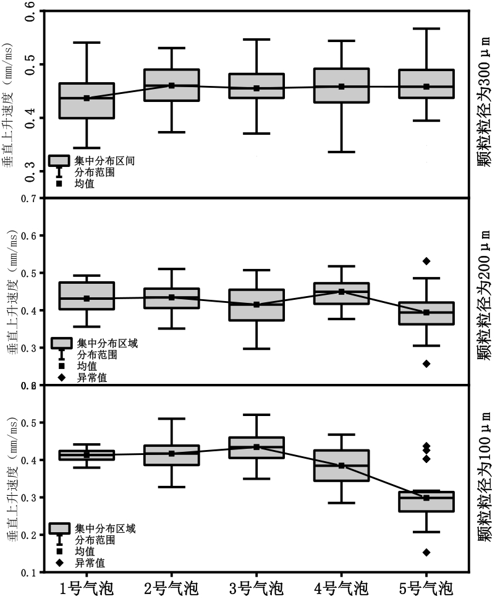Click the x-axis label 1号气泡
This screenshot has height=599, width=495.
[87, 587]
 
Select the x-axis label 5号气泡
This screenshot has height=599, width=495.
[426, 587]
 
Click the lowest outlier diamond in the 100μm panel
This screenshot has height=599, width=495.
[426, 552]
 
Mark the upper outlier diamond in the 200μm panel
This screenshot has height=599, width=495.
[426, 261]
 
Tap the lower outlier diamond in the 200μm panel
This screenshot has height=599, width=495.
[426, 363]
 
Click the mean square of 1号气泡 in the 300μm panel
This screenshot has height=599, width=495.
[87, 98]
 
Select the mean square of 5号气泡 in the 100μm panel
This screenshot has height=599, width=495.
[426, 498]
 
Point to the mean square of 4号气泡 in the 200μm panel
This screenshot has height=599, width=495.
[341, 292]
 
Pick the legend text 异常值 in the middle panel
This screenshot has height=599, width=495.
[91, 377]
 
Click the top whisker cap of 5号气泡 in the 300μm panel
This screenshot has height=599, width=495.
[426, 28]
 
